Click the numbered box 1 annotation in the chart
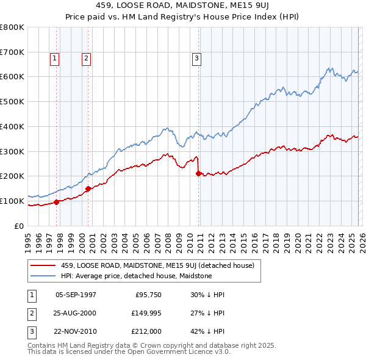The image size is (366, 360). click(x=54, y=59)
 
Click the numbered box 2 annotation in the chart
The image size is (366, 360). click(x=86, y=59)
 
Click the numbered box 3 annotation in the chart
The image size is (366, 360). click(x=197, y=59)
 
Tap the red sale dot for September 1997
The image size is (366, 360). click(x=57, y=202)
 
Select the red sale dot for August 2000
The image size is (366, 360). click(x=88, y=189)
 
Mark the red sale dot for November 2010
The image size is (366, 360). click(x=199, y=173)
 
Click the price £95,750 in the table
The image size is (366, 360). click(x=146, y=294)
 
